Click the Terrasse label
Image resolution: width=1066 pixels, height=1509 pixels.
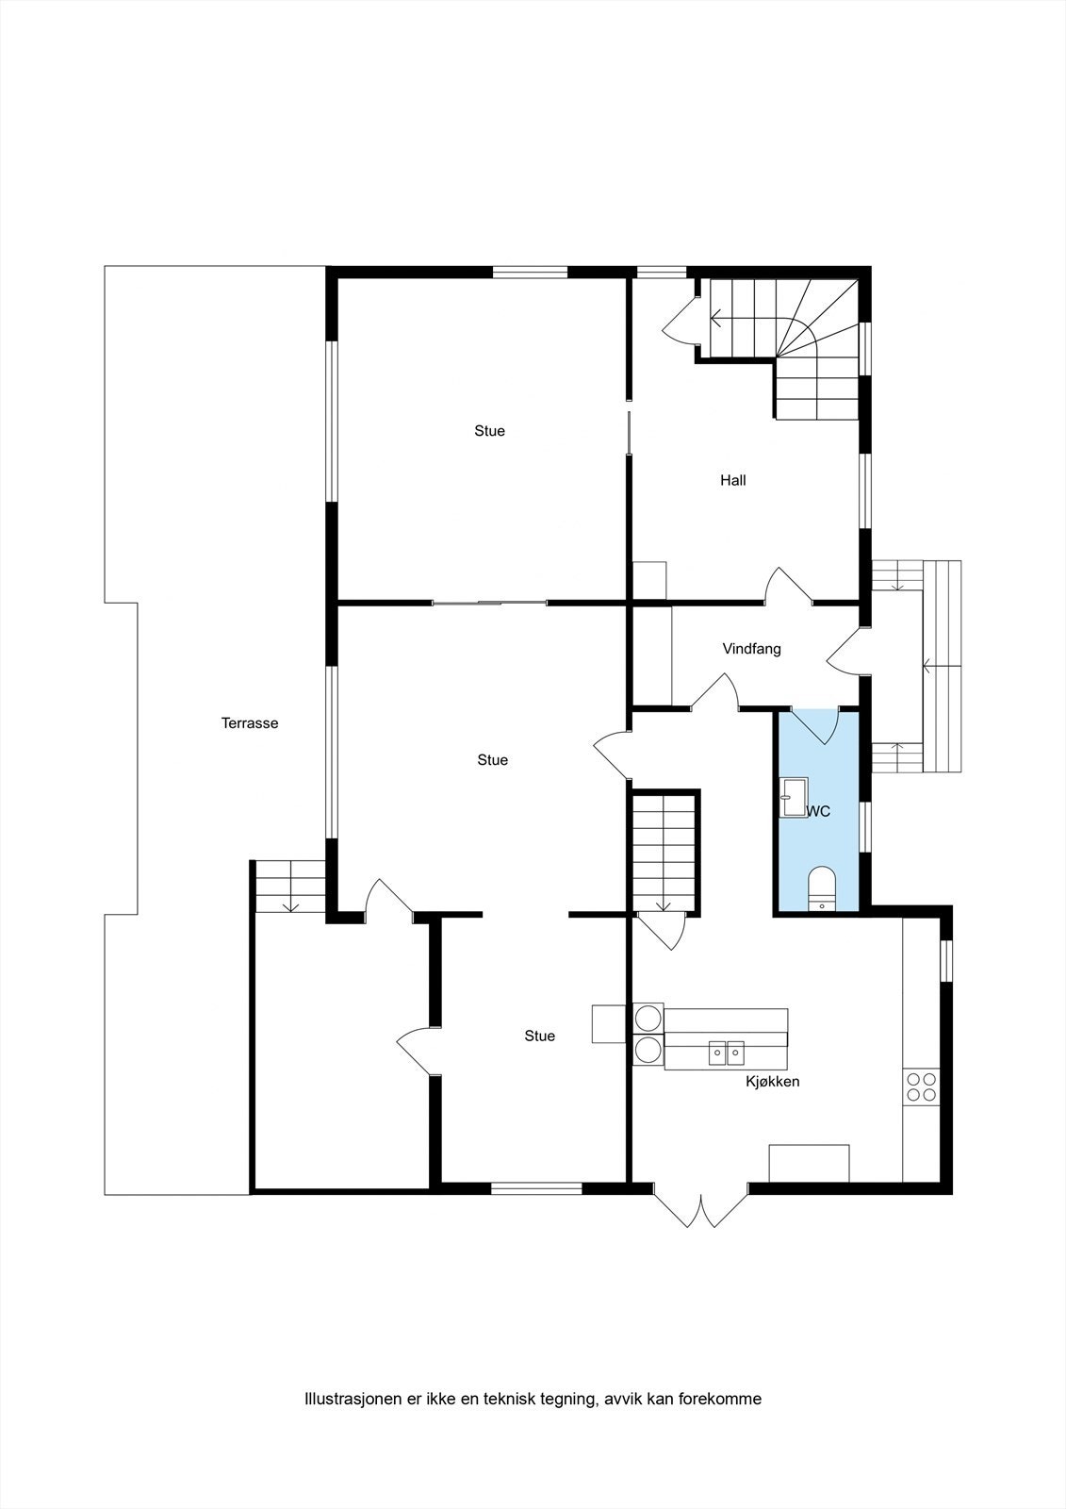[x=250, y=723]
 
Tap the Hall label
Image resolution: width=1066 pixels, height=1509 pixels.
[x=732, y=480]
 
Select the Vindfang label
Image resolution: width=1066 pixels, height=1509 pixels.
[x=751, y=649]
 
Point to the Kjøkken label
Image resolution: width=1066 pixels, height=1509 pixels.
[x=772, y=1081]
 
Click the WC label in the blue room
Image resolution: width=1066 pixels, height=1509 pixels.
[x=818, y=811]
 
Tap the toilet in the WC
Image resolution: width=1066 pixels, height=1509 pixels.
[x=822, y=887]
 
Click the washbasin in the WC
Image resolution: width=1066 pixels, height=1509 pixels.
[x=793, y=797]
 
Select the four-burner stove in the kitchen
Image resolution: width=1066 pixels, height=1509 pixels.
[x=920, y=1087]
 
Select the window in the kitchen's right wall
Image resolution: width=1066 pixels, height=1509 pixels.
[x=947, y=961]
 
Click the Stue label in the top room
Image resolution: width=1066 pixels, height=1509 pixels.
[x=489, y=431]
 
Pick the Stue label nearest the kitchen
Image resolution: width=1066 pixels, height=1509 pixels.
[x=539, y=1036]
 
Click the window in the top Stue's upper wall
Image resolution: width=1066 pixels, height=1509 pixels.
[x=530, y=273]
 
